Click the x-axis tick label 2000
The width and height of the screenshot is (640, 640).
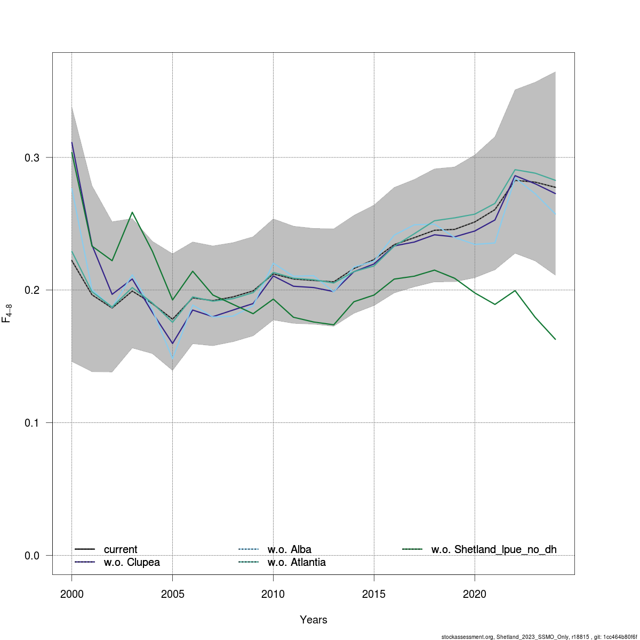coord(71,594)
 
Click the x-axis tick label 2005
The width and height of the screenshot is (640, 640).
coord(172,594)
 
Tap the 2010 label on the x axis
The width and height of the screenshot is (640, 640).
coord(273,594)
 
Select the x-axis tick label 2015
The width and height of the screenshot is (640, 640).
coord(374,594)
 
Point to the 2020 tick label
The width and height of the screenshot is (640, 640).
coord(475,594)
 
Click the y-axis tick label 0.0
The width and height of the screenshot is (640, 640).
coord(32,556)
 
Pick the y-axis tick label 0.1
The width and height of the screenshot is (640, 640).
coord(32,423)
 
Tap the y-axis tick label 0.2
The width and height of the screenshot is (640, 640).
coord(32,290)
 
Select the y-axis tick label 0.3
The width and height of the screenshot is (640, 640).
coord(32,157)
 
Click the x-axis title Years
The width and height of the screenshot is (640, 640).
coord(314,620)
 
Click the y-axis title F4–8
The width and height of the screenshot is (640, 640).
coord(7,313)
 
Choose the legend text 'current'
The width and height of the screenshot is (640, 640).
coord(121,549)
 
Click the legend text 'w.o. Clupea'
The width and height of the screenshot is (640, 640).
coord(132,562)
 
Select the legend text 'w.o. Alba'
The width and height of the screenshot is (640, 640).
coord(289,549)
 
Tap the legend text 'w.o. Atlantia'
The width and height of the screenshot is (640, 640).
coord(297,562)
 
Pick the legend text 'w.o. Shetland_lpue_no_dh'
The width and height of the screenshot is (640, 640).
coord(494,549)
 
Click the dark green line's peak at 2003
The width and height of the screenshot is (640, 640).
coord(132,212)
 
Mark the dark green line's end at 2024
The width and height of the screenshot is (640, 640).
coord(555,339)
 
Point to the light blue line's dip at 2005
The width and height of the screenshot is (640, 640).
coord(172,358)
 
